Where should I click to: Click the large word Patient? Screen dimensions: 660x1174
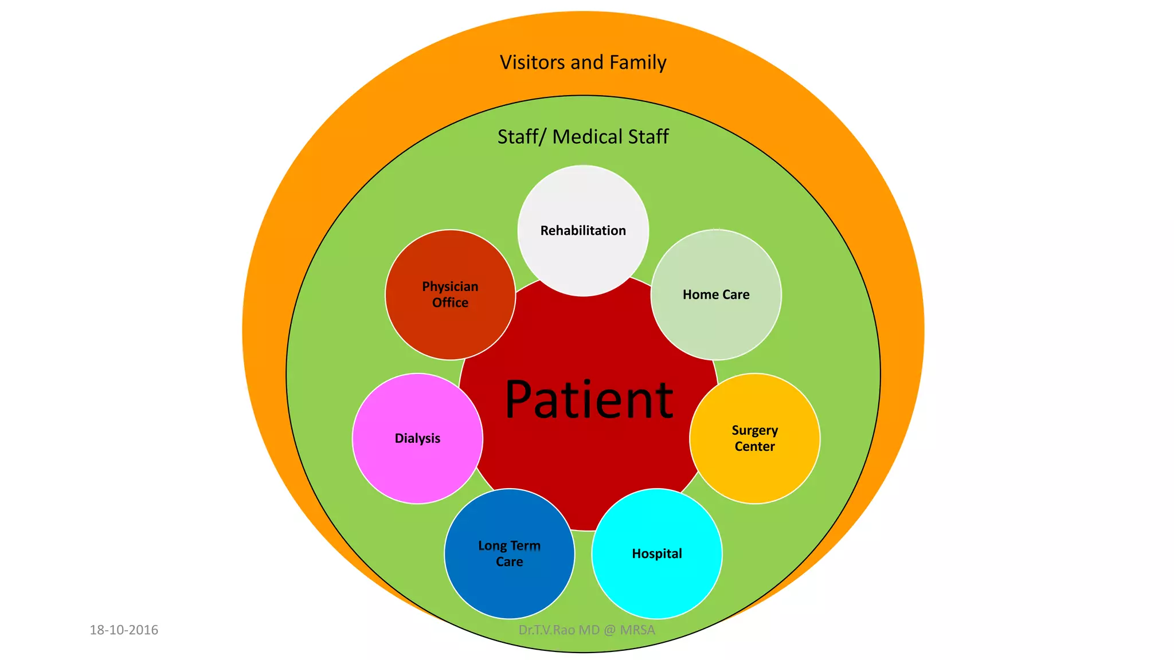(x=589, y=400)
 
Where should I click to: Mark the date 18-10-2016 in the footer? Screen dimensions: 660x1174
(x=124, y=630)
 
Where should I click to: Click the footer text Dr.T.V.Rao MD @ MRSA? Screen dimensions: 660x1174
(x=586, y=630)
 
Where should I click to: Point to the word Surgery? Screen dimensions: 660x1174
(x=754, y=430)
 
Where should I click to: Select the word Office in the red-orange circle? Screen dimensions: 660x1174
(x=450, y=302)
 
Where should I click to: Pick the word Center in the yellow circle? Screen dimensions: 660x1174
(x=754, y=446)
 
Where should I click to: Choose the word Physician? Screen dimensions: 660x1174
(x=450, y=286)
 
